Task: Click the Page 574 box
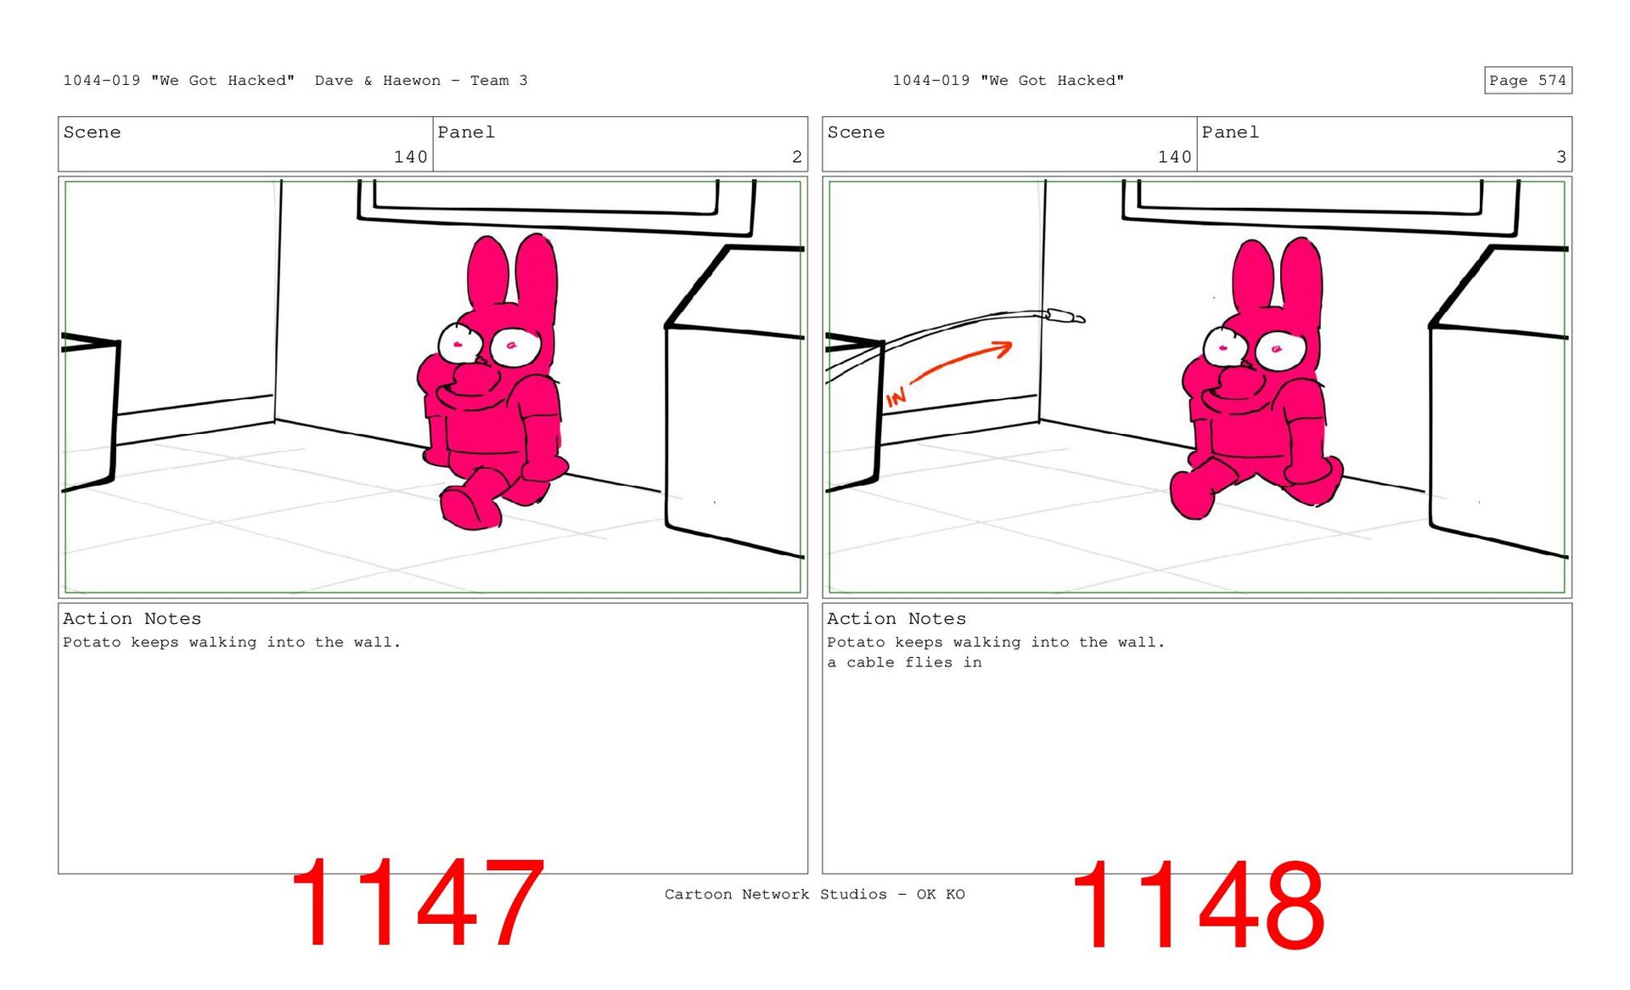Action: pyautogui.click(x=1527, y=80)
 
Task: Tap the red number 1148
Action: pyautogui.click(x=1198, y=905)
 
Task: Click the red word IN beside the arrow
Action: pyautogui.click(x=896, y=397)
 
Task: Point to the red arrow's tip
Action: pyautogui.click(x=1011, y=345)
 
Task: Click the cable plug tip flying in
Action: pyautogui.click(x=1080, y=319)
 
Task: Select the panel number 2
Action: pyautogui.click(x=796, y=157)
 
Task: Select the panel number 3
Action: pyautogui.click(x=1560, y=157)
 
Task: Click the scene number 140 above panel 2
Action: pyautogui.click(x=410, y=157)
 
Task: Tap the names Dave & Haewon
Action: pyautogui.click(x=378, y=81)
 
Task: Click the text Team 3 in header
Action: pyautogui.click(x=499, y=81)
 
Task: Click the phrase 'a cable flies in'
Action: pyautogui.click(x=904, y=662)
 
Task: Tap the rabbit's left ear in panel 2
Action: pyautogui.click(x=487, y=273)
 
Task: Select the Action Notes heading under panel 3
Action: pyautogui.click(x=896, y=619)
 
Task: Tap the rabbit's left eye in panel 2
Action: pyautogui.click(x=458, y=343)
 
